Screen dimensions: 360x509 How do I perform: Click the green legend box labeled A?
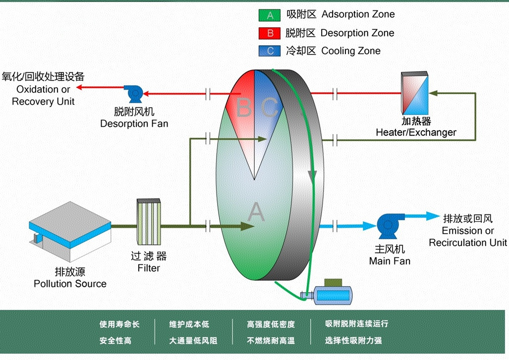[x=270, y=15]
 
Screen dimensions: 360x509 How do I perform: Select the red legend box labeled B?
[x=270, y=33]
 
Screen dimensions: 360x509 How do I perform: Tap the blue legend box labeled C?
[x=270, y=51]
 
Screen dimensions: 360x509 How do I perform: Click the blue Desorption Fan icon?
[x=134, y=93]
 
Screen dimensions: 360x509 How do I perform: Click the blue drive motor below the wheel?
[x=330, y=294]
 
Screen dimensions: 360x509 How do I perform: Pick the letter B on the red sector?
[x=244, y=107]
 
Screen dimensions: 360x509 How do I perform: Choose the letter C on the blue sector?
[x=269, y=107]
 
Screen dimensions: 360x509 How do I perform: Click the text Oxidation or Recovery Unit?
[x=43, y=95]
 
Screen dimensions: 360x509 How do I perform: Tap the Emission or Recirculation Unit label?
[x=468, y=237]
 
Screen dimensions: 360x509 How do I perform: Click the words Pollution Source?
[x=70, y=284]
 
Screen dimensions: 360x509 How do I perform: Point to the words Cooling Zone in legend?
[x=351, y=51]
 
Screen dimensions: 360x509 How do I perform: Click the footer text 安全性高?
[x=115, y=341]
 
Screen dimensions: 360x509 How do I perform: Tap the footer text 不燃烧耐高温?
[x=271, y=341]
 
